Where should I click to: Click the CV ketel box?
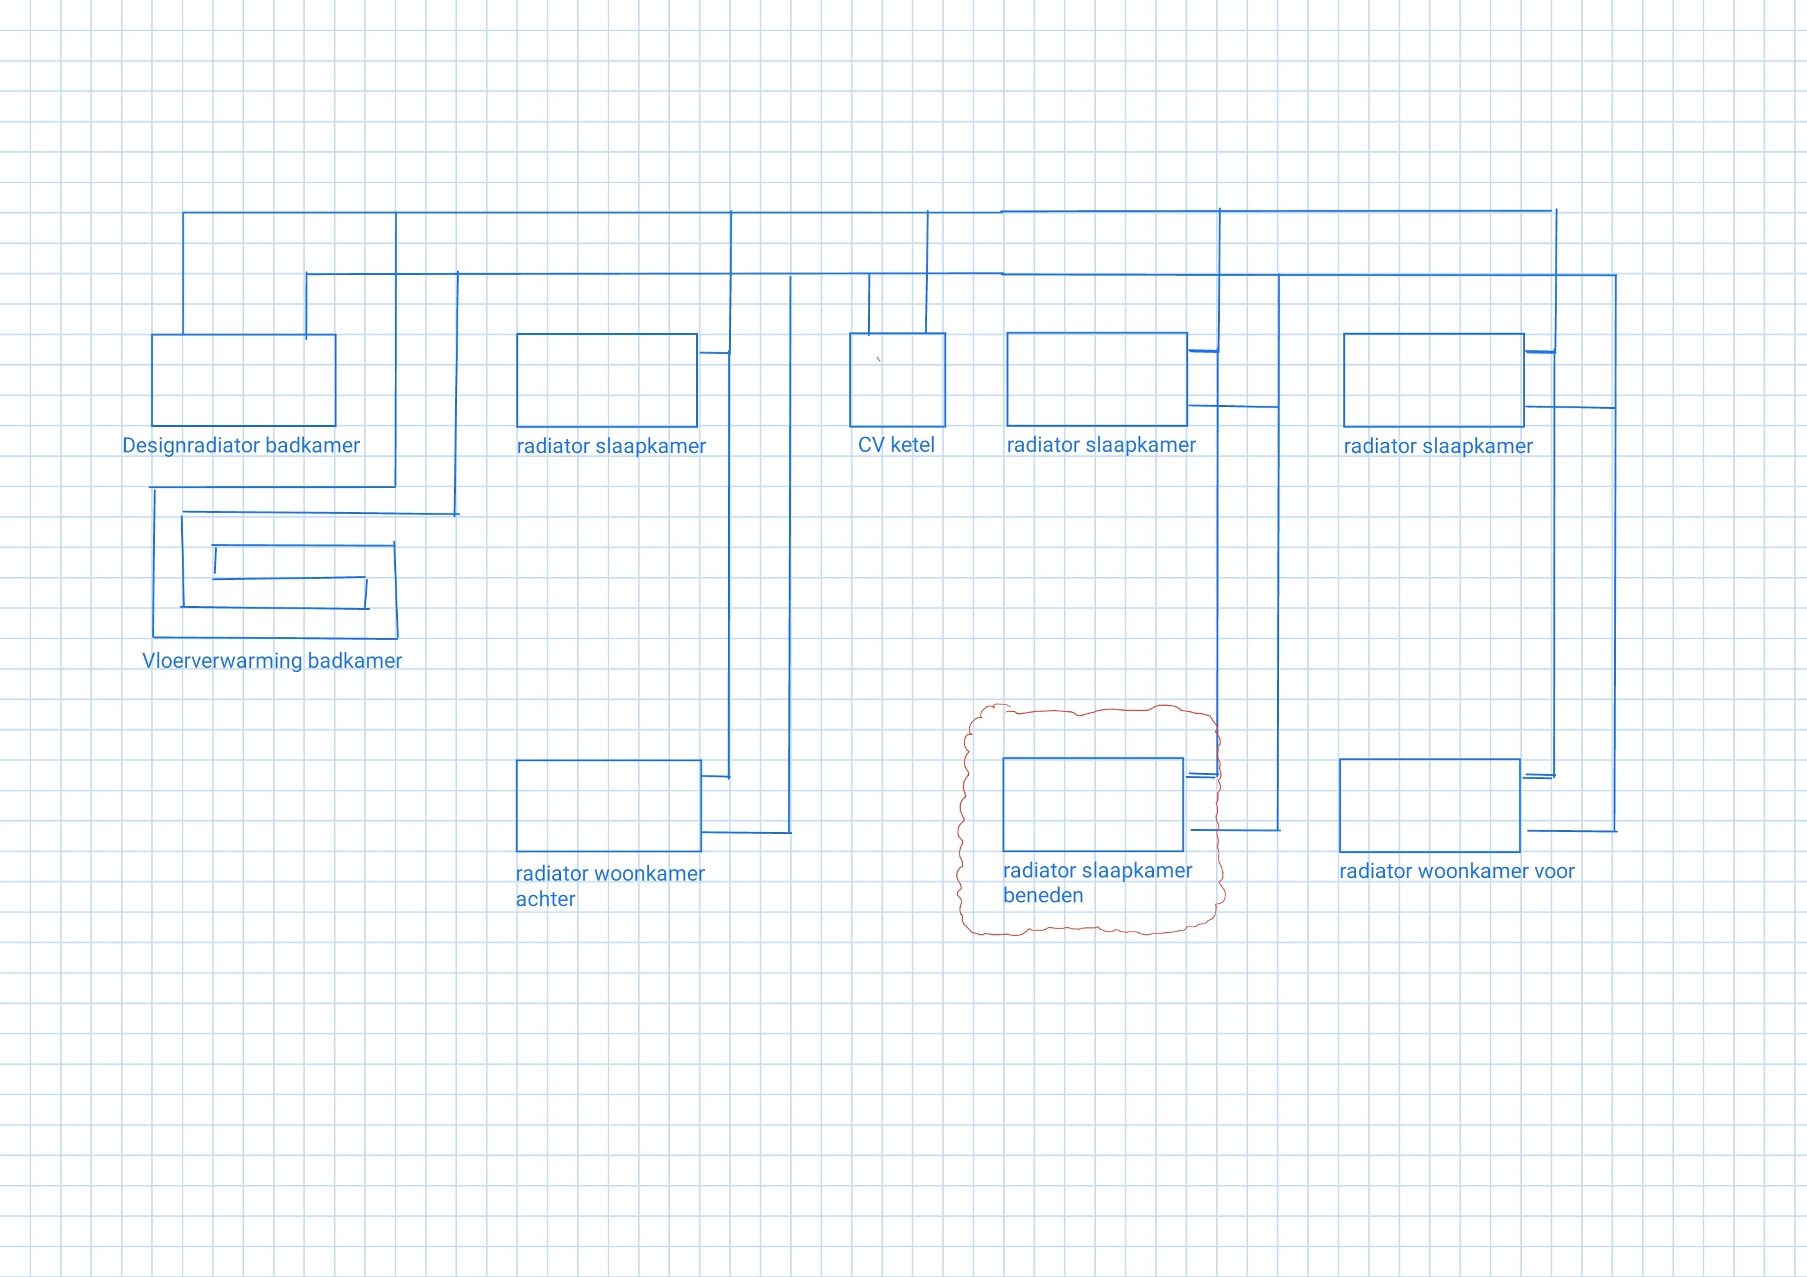pos(897,380)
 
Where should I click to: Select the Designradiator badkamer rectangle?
pos(243,380)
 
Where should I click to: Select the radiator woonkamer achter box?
pos(608,806)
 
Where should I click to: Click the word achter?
pos(545,899)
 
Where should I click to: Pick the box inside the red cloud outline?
pos(1093,804)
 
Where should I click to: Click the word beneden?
pos(1043,896)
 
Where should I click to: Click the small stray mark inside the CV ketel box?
pos(879,359)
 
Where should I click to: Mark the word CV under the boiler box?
pos(870,446)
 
